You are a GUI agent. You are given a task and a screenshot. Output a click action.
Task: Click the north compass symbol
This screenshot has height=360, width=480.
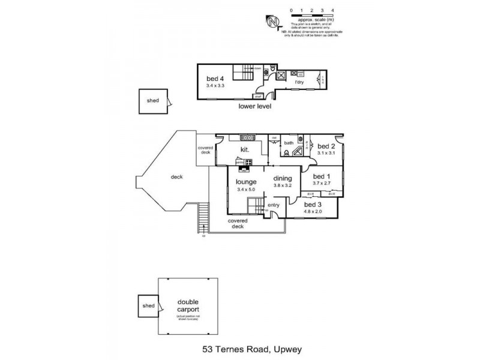click(x=274, y=22)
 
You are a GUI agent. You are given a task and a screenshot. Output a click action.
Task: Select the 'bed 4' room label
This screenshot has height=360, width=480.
click(x=215, y=79)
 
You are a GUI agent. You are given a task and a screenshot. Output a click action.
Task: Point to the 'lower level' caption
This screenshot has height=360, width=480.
click(x=255, y=106)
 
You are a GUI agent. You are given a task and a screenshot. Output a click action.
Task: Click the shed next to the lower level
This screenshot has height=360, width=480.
click(x=153, y=100)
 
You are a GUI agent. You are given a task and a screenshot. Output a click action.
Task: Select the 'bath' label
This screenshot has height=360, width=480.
click(x=289, y=143)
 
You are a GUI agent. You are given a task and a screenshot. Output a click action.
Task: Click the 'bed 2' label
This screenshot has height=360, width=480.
click(x=326, y=146)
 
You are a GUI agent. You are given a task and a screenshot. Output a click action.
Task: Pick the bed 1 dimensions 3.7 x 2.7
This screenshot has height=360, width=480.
click(x=322, y=183)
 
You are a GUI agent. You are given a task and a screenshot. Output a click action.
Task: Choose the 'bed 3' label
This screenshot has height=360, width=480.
click(x=313, y=204)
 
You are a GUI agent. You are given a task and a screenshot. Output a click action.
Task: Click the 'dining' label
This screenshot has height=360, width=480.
click(x=283, y=178)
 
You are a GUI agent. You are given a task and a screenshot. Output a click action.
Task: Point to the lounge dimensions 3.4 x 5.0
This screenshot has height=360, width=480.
click(x=246, y=190)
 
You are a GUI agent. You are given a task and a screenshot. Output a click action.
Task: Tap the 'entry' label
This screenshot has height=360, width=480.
click(x=274, y=205)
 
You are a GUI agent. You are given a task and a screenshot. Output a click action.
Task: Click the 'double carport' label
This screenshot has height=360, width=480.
click(x=188, y=305)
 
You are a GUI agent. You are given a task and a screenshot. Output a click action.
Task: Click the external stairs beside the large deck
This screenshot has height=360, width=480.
click(x=202, y=219)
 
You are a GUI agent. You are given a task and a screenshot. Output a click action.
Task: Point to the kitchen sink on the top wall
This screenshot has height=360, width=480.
click(x=247, y=137)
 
